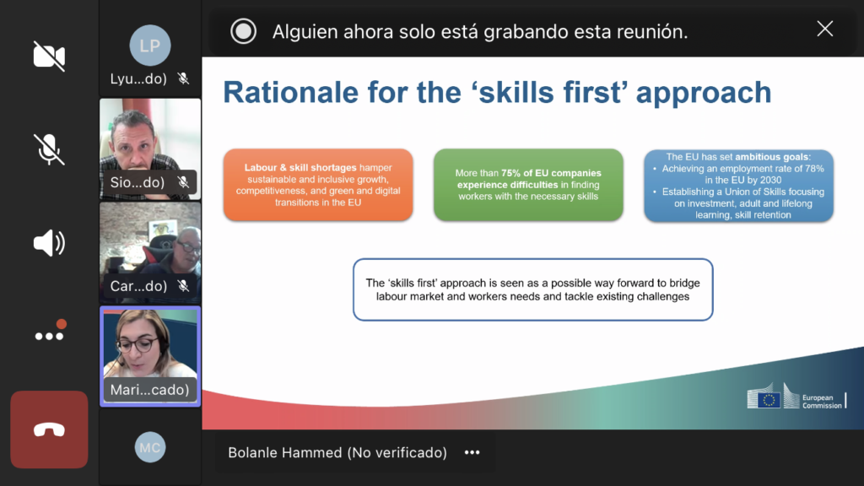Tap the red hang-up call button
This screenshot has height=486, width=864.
pos(49,429)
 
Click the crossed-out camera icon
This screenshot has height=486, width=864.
pos(49,56)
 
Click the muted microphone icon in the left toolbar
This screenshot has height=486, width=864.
pos(49,149)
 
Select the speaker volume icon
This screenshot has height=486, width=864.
pos(49,243)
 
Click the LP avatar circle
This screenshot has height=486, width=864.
pos(150,46)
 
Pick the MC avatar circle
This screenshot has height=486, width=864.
pos(150,447)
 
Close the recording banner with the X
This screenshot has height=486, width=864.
pos(825,29)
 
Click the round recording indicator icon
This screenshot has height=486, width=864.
pos(243,31)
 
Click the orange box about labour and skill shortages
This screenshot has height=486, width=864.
pos(318,185)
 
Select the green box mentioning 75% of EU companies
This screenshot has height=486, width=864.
pos(528,185)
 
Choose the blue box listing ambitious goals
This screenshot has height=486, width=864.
pos(739,186)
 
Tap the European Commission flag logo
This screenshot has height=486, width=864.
pos(764,399)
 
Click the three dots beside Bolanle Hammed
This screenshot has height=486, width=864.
pos(472,452)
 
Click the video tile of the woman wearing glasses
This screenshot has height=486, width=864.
pos(150,357)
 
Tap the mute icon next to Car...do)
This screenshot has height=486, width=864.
pos(183,285)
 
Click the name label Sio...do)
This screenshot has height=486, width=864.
pos(138,182)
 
